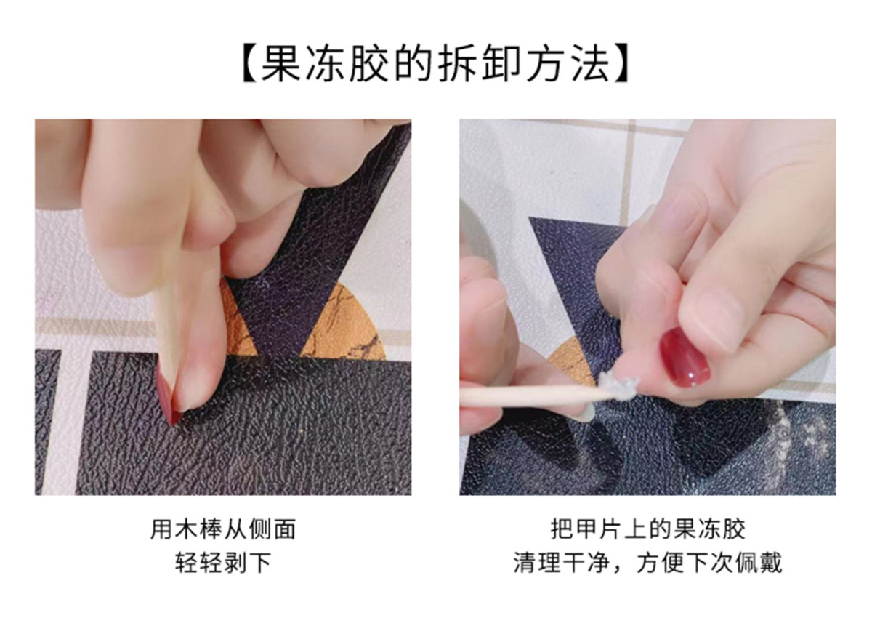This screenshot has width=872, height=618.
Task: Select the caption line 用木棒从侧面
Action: [x=223, y=529]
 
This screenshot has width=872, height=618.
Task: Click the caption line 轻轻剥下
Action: [x=223, y=563]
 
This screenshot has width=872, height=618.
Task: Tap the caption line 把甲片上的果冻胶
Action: [x=647, y=529]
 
